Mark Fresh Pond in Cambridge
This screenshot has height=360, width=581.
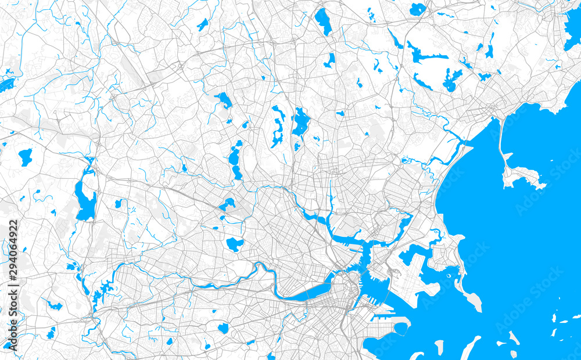pyautogui.click(x=234, y=244)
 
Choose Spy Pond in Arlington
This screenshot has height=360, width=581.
pyautogui.click(x=227, y=204)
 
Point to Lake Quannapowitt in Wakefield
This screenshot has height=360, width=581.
pyautogui.click(x=323, y=21)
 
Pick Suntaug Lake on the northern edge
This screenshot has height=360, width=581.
pyautogui.click(x=417, y=9)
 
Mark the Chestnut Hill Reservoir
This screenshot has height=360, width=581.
pyautogui.click(x=223, y=328)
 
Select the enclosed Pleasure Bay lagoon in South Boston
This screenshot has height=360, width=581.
pyautogui.click(x=401, y=329)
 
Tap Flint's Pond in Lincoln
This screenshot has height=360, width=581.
pyautogui.click(x=25, y=157)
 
